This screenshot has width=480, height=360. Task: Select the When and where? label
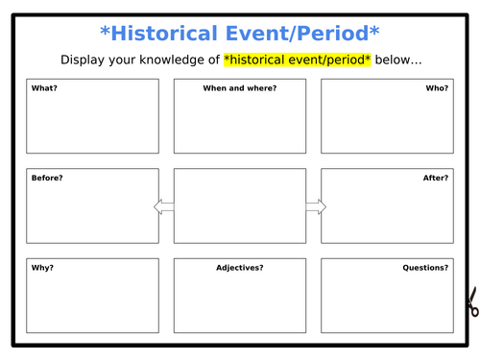(239, 88)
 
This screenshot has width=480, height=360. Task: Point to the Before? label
(47, 178)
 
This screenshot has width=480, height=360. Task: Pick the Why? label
(41, 268)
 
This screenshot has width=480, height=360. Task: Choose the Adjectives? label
(239, 268)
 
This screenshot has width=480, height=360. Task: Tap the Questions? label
(425, 268)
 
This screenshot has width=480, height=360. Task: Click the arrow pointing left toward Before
(163, 206)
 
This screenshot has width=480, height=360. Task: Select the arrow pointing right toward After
(316, 206)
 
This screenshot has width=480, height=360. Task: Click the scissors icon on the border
(470, 305)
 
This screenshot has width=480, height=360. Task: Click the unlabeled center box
(239, 206)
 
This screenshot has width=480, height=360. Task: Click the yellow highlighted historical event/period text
(298, 60)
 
